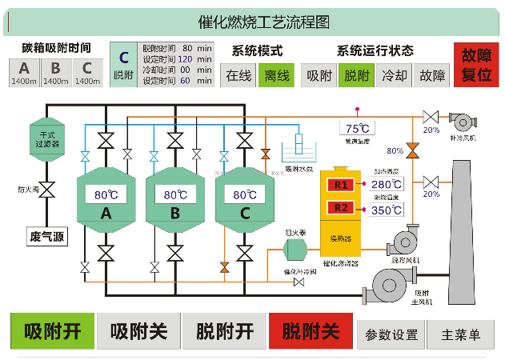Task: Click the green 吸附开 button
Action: (x=52, y=331)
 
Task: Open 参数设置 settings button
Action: (x=391, y=334)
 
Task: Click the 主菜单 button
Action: (x=460, y=334)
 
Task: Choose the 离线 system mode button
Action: (x=276, y=75)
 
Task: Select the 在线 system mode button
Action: (x=238, y=75)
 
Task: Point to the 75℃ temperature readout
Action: (x=357, y=128)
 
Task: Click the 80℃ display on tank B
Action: (x=174, y=194)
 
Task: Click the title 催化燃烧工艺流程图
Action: (x=252, y=22)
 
